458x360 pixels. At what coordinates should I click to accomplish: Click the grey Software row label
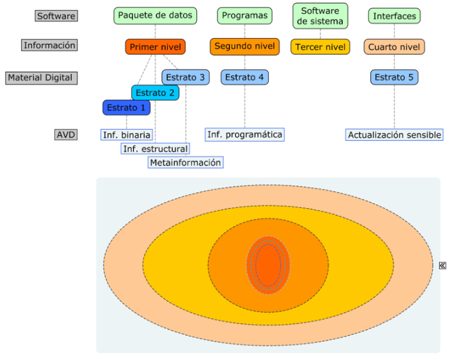tap(55, 16)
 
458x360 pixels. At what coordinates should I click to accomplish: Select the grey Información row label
tap(49, 45)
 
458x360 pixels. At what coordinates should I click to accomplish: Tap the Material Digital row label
tap(42, 78)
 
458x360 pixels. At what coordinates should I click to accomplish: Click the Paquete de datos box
tap(155, 16)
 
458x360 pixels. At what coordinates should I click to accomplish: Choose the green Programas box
tap(244, 16)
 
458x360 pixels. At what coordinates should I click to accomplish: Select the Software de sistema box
tap(320, 17)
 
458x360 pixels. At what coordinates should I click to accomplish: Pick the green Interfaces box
tap(394, 16)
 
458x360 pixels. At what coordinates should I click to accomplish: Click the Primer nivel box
tap(156, 47)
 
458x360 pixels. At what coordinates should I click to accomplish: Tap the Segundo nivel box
tap(245, 46)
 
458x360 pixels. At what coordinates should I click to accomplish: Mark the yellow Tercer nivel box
tap(320, 47)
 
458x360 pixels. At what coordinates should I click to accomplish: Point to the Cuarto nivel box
tap(394, 47)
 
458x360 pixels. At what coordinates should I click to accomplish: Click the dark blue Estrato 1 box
tap(127, 107)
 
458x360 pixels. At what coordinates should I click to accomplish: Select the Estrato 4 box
tap(245, 77)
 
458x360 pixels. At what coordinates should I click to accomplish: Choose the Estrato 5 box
tap(394, 77)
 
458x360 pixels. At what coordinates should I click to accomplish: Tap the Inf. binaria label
tap(127, 135)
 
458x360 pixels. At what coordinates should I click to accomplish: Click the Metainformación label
tap(185, 163)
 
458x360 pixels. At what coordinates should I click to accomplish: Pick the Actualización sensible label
tap(394, 135)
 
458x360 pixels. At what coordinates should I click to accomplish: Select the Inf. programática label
tap(245, 135)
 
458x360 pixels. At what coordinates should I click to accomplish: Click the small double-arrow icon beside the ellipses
tap(443, 265)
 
